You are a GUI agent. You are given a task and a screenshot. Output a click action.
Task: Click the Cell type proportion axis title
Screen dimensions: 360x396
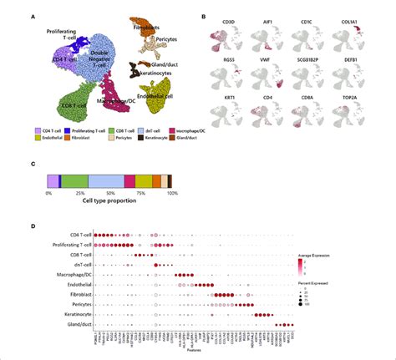[x=110, y=200]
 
